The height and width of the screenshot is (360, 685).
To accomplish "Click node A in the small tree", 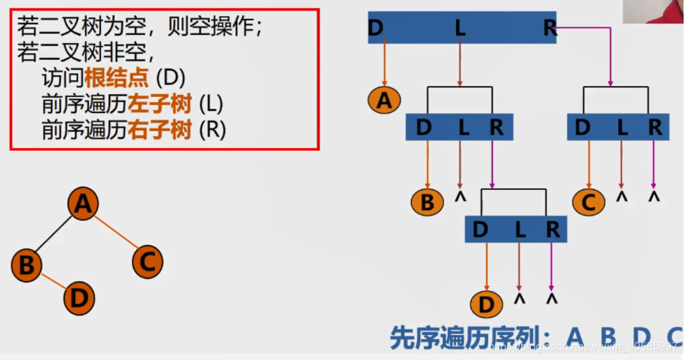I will point(83,204).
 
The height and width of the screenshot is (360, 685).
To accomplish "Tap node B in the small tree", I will point(27,265).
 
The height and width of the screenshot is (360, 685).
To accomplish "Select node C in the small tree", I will point(147,262).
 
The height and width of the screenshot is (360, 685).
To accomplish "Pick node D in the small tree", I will point(79,299).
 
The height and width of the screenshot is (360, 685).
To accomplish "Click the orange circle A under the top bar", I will point(384,100).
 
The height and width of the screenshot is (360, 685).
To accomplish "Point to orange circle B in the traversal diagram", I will point(427,202).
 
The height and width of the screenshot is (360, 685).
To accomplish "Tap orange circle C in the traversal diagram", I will point(588,202).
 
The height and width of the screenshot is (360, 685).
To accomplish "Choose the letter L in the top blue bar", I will point(460,28).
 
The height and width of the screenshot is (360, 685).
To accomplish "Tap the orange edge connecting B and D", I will point(52,282).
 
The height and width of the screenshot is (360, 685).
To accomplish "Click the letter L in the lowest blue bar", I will point(518,230).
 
